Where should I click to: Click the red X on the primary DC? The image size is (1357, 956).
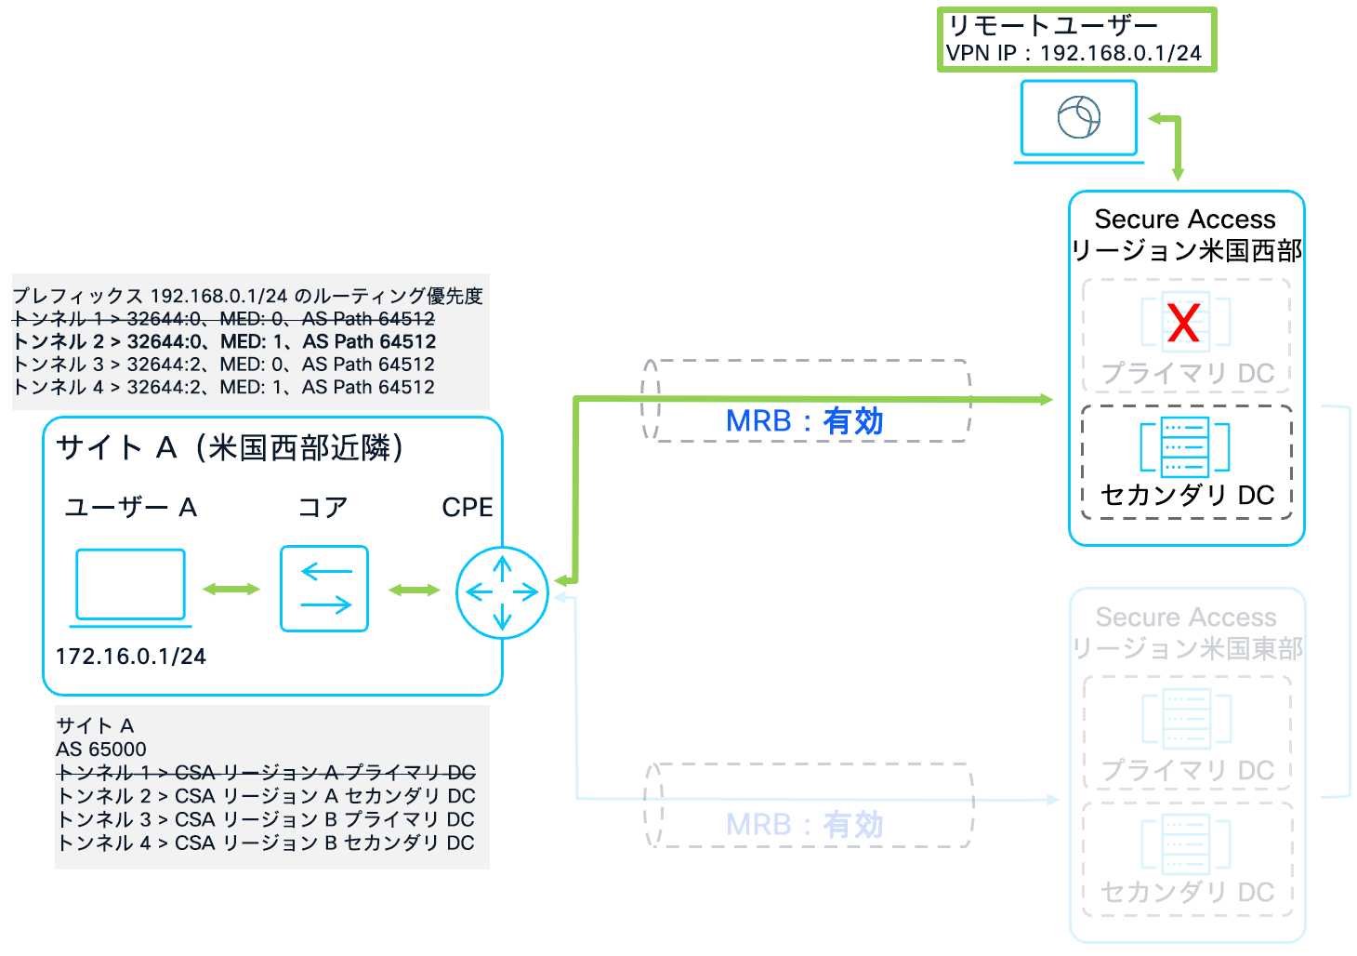1184,323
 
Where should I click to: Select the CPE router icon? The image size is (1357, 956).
502,591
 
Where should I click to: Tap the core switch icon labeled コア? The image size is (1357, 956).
324,589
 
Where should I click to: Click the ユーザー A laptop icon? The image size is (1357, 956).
130,586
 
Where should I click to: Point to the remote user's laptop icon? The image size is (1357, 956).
1078,119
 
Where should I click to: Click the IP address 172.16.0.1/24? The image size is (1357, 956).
130,657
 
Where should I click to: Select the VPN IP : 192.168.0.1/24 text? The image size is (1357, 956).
1074,53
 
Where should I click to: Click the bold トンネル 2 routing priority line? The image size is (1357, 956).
224,341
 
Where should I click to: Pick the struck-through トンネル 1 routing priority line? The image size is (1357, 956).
224,319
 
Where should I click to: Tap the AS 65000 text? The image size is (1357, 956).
100,750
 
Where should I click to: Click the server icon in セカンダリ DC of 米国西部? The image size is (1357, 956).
1185,446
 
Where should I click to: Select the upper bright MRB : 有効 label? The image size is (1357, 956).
804,421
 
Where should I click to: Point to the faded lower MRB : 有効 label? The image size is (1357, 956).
804,825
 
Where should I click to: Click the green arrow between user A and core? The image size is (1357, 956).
231,589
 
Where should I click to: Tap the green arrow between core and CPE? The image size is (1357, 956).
414,590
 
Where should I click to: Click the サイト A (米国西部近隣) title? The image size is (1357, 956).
230,448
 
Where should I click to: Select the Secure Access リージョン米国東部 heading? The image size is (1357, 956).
1186,632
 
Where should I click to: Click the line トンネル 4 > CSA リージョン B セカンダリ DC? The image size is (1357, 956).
266,843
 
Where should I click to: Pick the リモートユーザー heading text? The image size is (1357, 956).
1052,26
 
